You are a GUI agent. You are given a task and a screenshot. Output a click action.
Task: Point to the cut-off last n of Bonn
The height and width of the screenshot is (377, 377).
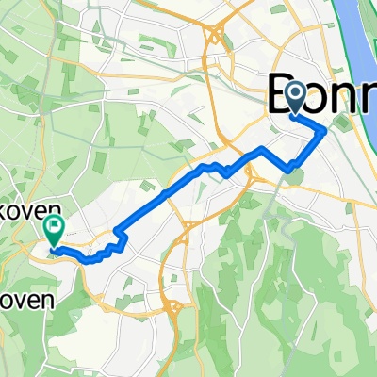[x=370, y=98]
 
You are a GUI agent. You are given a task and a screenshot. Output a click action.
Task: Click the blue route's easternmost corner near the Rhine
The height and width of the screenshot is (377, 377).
[x=326, y=131]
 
